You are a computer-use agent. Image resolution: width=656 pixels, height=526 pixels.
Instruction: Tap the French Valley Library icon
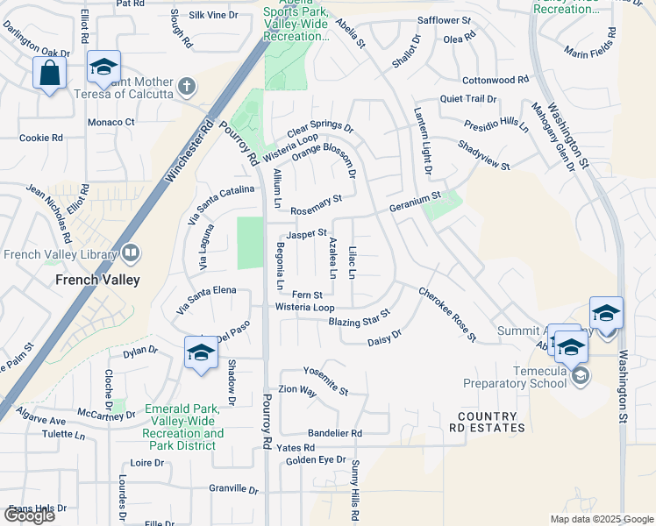131,254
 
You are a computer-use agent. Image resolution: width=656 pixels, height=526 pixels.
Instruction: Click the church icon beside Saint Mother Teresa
185,86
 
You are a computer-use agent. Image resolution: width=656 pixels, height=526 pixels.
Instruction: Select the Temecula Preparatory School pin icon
580,376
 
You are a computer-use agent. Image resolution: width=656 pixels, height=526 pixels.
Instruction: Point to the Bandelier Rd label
334,433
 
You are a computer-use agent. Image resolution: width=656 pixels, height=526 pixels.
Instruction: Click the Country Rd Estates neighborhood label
490,422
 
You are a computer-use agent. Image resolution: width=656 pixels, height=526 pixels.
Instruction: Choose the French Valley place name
93,281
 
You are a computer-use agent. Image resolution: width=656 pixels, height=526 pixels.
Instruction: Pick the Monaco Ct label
111,122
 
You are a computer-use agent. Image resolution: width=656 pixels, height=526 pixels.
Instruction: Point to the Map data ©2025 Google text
601,519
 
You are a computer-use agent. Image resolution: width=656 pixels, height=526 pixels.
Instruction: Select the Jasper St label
307,235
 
